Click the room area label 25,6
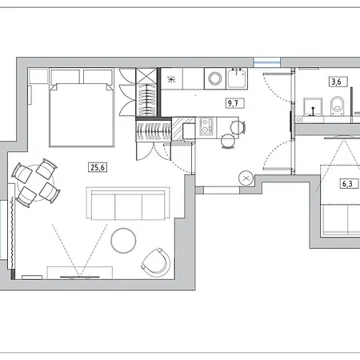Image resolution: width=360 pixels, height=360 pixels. point(97,167)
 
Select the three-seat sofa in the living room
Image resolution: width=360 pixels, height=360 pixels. point(130,206)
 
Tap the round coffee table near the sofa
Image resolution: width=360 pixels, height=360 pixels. point(124,241)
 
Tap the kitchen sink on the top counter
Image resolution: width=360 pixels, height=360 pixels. point(238,79)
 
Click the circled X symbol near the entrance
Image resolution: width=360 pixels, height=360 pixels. point(246,178)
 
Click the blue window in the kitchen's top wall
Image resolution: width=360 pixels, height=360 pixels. point(268,62)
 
